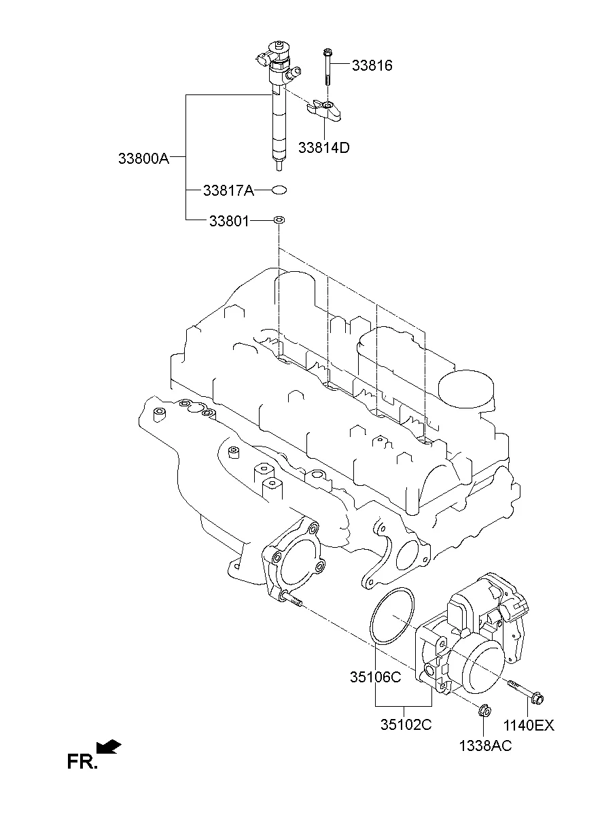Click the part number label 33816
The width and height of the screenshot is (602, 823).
pos(372,66)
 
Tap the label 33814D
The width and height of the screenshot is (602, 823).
pos(323,147)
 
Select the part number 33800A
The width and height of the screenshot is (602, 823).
pos(143,158)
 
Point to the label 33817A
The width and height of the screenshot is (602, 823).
pos(228,191)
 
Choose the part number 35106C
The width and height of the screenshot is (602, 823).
pos(376,677)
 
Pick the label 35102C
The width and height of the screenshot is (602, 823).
pos(406,724)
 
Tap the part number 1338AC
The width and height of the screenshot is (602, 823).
pos(485,746)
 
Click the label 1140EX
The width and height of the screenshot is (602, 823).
pos(529,725)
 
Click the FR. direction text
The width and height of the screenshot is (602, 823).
pos(82,761)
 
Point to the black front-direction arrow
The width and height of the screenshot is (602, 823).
pos(109,747)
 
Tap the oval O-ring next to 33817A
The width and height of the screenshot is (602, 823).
pos(279,190)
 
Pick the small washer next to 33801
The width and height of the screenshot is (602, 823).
pos(279,220)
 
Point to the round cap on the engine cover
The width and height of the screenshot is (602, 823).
pos(466,391)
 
